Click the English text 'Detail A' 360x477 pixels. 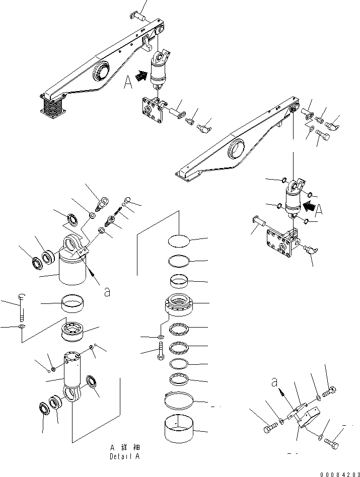click(123, 456)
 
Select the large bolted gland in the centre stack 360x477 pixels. click(180, 305)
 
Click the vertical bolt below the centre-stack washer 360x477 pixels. click(160, 349)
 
